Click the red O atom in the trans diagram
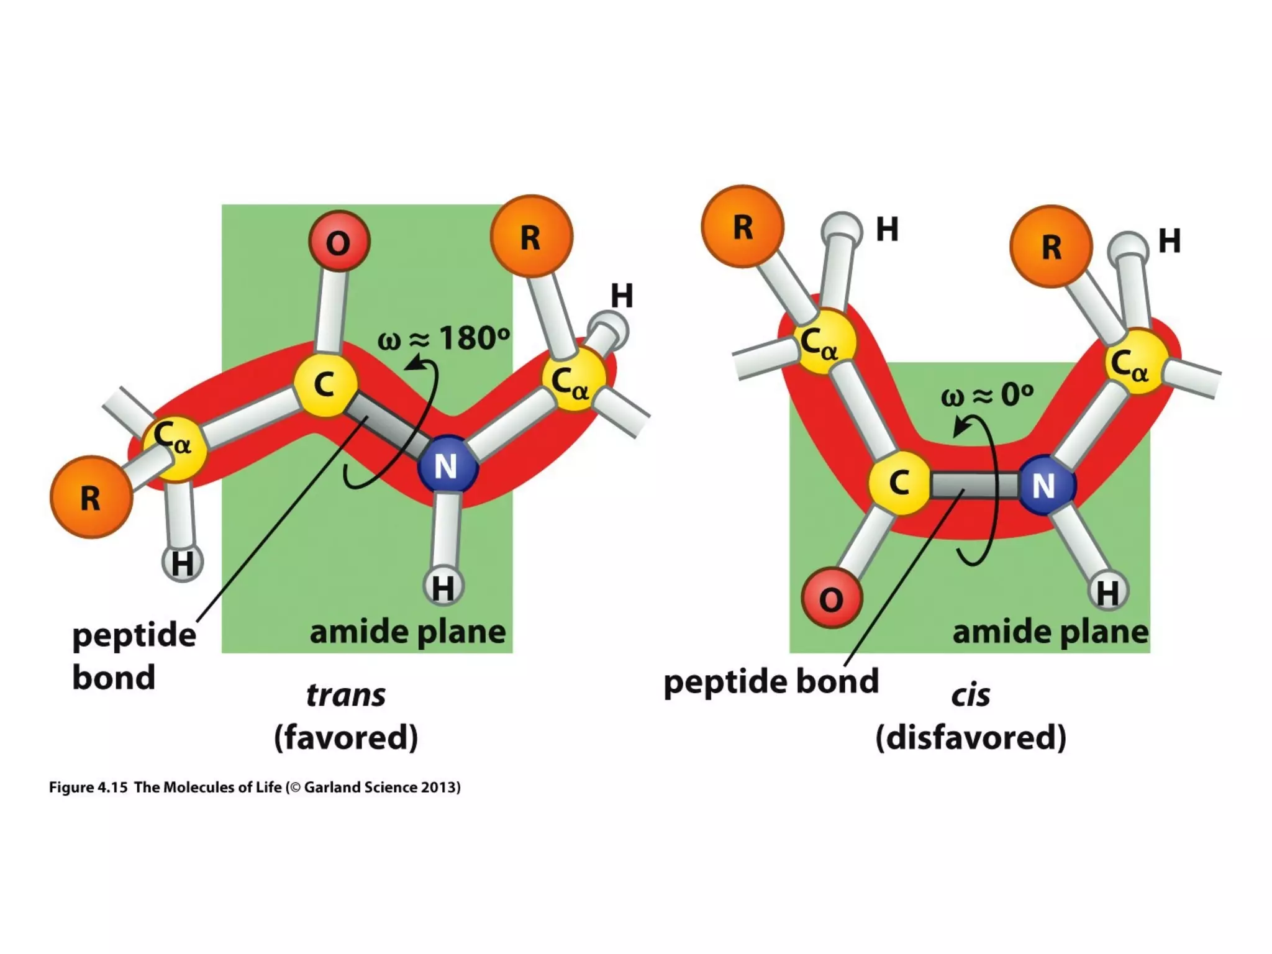(x=339, y=242)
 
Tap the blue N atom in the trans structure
(x=447, y=466)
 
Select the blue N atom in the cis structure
(x=1046, y=485)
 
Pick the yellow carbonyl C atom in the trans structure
(x=325, y=384)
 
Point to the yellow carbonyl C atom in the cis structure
(x=899, y=483)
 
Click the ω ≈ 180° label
(x=443, y=339)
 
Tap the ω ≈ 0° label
(x=987, y=395)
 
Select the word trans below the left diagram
(x=346, y=695)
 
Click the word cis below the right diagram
(x=970, y=696)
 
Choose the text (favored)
(x=346, y=737)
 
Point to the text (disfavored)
(x=970, y=737)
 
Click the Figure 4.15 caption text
(x=255, y=788)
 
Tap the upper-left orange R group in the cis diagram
(x=742, y=227)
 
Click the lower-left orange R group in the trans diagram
(x=91, y=497)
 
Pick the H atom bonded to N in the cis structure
(x=1109, y=591)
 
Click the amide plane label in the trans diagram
(x=407, y=632)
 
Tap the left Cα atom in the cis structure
(x=824, y=342)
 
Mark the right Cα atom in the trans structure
(x=573, y=379)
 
